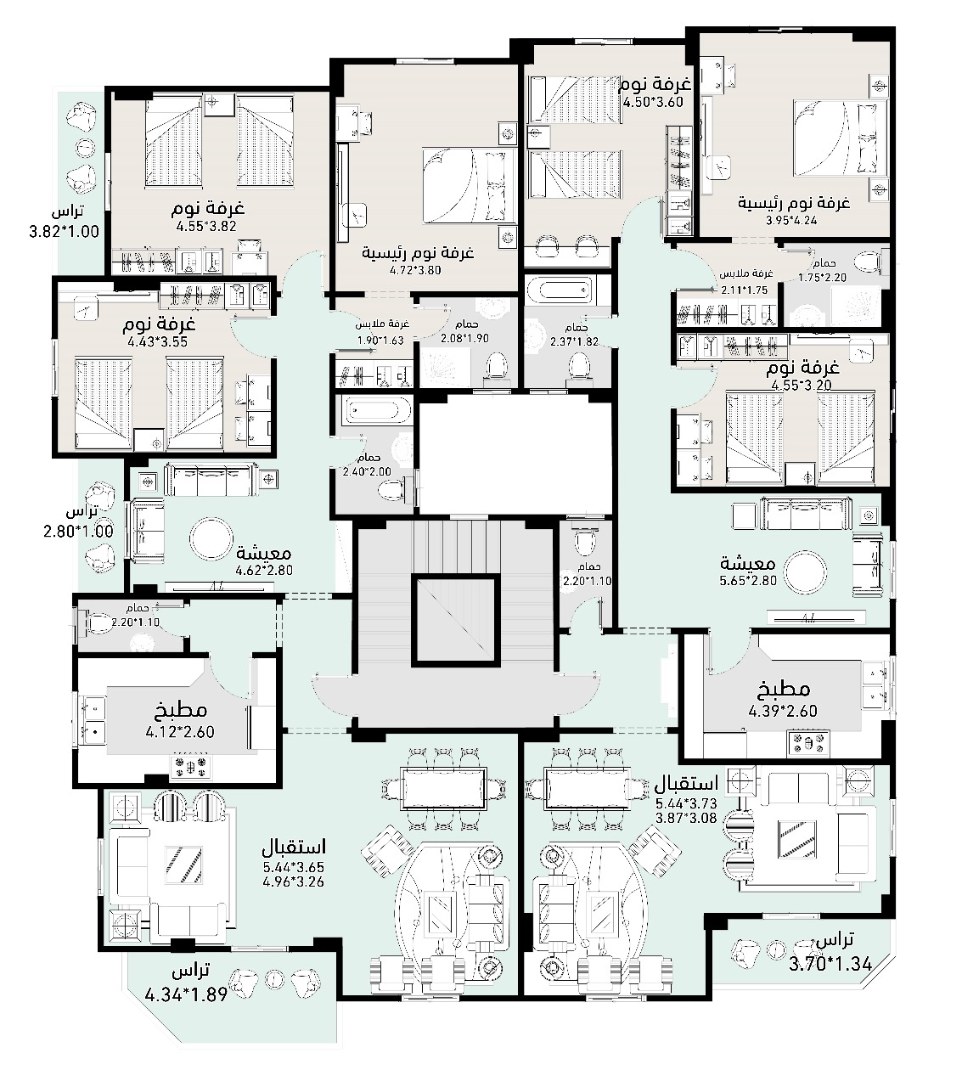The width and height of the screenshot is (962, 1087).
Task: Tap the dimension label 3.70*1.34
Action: tap(830, 964)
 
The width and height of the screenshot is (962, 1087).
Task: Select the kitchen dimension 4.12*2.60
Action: tap(180, 732)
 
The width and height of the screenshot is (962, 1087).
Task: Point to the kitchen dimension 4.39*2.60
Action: tap(783, 711)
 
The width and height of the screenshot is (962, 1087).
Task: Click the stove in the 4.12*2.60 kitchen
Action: tap(191, 767)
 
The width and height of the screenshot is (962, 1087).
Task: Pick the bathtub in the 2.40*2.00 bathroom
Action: tap(374, 412)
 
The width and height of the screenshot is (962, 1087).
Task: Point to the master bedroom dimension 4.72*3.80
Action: tap(415, 270)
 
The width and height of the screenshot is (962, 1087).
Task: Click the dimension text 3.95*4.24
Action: tap(791, 220)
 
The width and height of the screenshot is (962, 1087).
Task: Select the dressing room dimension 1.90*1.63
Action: tap(380, 341)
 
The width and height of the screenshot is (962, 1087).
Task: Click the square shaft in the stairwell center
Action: tap(455, 621)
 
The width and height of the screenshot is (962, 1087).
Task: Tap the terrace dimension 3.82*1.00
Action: tap(64, 232)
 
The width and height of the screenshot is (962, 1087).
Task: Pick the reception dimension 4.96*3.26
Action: tap(294, 881)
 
